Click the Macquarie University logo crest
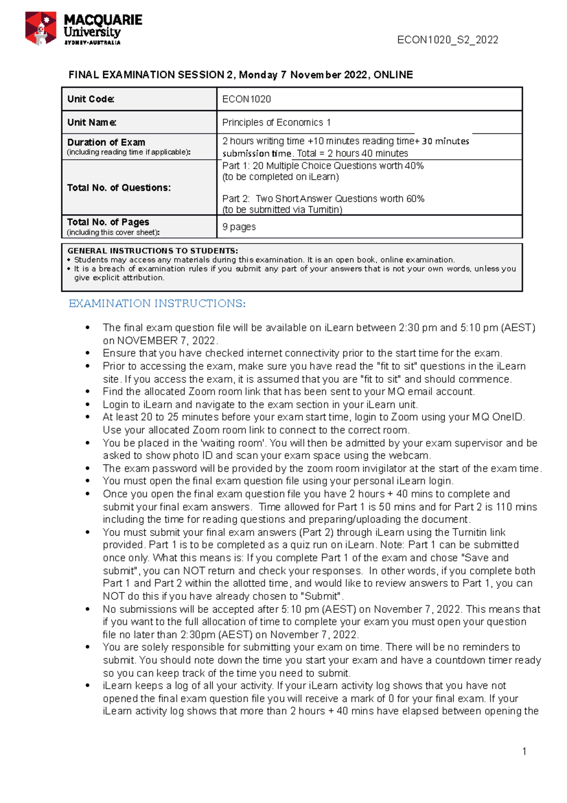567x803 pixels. pyautogui.click(x=41, y=28)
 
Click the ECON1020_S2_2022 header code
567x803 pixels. pyautogui.click(x=447, y=40)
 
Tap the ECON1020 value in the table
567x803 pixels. pyautogui.click(x=247, y=99)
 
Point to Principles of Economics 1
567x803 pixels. pyautogui.click(x=276, y=122)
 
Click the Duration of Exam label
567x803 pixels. pyautogui.click(x=106, y=142)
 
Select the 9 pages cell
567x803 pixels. pyautogui.click(x=239, y=227)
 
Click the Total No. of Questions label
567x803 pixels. pyautogui.click(x=119, y=187)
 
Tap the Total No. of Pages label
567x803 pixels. pyautogui.click(x=108, y=222)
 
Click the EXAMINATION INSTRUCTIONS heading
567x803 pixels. pyautogui.click(x=157, y=303)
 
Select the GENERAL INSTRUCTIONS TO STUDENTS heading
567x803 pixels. pyautogui.click(x=153, y=251)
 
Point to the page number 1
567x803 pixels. pyautogui.click(x=524, y=751)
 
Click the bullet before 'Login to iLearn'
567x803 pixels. pyautogui.click(x=87, y=404)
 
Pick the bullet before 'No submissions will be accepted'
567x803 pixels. pyautogui.click(x=87, y=609)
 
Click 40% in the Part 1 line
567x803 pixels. pyautogui.click(x=414, y=166)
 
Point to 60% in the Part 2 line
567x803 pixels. pyautogui.click(x=415, y=199)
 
